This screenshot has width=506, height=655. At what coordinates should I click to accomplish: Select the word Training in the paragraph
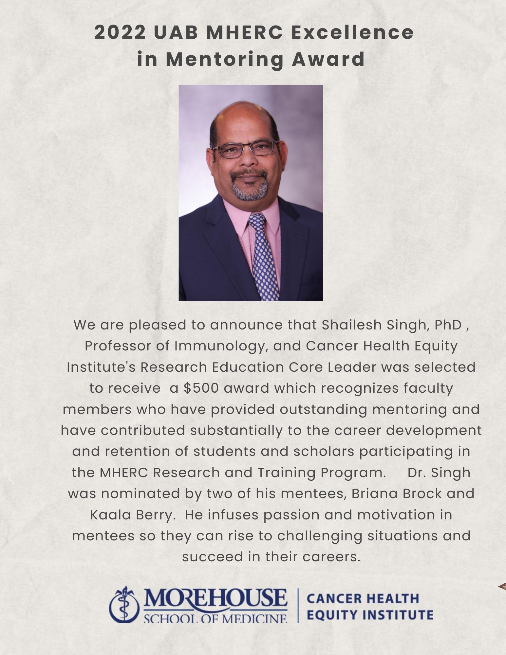286,473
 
